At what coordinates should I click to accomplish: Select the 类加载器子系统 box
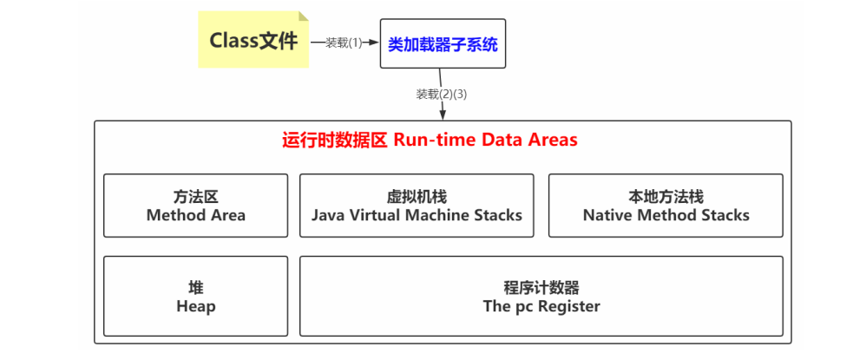443,43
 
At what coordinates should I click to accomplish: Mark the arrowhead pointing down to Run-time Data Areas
443,115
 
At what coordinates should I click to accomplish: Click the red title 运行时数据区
335,140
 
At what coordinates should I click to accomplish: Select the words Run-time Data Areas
485,140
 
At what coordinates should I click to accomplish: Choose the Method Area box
195,206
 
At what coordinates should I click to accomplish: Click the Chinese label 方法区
195,197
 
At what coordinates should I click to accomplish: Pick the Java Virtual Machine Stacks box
417,206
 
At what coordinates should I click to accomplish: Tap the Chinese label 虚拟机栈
417,197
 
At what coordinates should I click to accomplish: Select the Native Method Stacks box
666,206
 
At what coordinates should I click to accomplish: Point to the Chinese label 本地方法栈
666,197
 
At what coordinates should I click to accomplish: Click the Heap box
195,296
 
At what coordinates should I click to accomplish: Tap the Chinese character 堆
195,287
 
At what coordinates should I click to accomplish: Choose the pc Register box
541,296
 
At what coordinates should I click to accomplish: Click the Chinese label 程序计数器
541,287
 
